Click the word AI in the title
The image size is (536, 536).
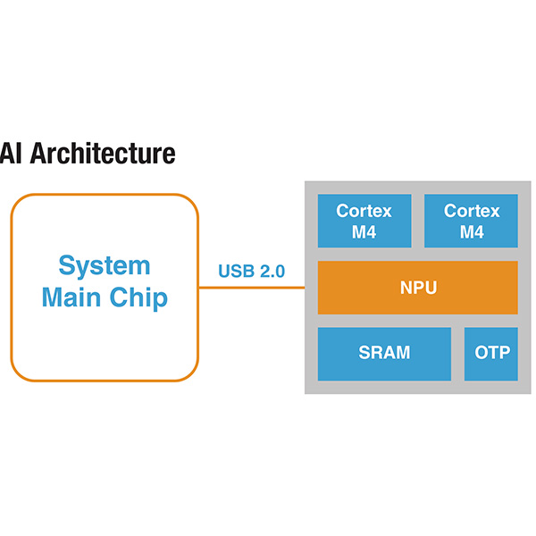[11, 154]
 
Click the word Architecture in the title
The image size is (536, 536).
[102, 154]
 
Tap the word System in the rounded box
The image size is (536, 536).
[105, 265]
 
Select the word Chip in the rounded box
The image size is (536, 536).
[138, 297]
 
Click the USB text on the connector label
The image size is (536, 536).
[236, 271]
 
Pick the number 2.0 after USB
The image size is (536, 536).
[271, 271]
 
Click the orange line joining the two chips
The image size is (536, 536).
[251, 288]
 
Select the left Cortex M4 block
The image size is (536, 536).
[364, 221]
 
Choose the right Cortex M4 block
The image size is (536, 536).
[471, 221]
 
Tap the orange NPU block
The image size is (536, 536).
[417, 288]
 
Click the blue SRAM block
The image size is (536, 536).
[384, 354]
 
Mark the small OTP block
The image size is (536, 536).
[491, 354]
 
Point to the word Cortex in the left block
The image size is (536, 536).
[364, 212]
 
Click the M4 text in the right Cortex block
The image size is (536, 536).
[471, 232]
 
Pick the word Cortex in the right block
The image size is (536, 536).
[471, 212]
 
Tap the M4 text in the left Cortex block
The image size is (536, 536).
[364, 232]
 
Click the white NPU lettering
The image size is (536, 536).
[417, 288]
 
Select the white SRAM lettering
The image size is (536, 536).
[384, 353]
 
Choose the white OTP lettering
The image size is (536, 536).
[491, 353]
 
